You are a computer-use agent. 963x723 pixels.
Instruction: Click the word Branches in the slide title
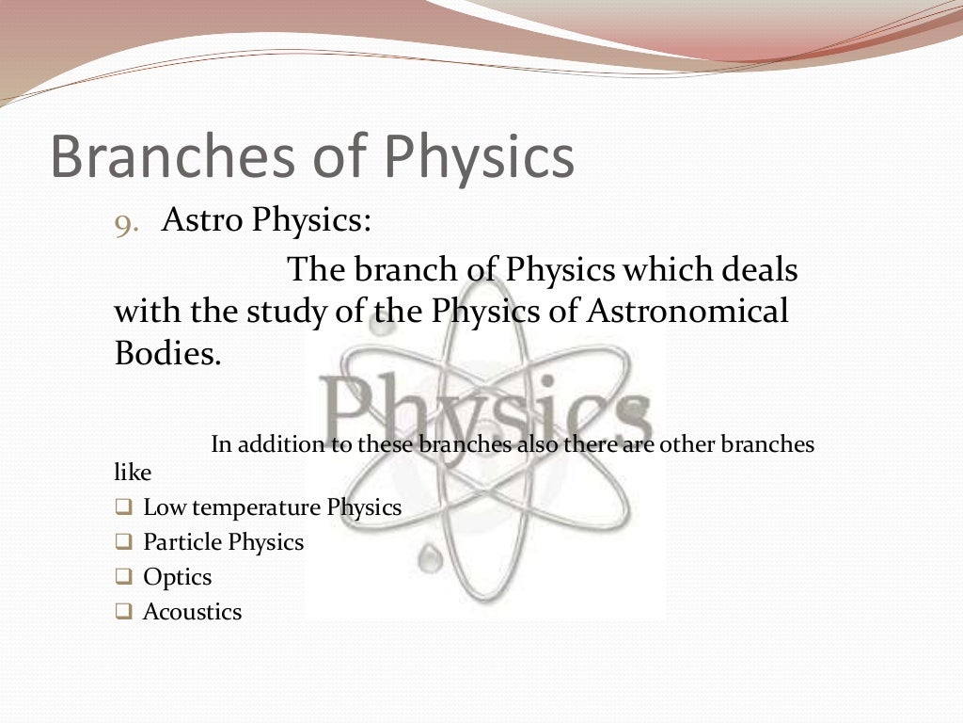click(168, 157)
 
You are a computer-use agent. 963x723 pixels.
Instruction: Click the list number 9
click(126, 224)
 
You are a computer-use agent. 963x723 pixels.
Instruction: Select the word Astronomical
click(687, 312)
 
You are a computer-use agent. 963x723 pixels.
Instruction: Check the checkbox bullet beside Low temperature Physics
click(123, 507)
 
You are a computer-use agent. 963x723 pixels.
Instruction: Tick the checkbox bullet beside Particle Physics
click(123, 542)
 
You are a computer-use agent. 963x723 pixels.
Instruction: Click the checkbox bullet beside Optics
click(123, 577)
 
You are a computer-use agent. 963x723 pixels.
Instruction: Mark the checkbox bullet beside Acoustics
click(123, 612)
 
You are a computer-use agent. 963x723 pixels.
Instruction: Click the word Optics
click(177, 577)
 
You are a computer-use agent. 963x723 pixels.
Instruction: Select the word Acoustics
click(192, 612)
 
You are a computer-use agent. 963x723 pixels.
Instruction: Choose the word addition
click(276, 444)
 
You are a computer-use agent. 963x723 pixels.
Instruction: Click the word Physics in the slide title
click(479, 157)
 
